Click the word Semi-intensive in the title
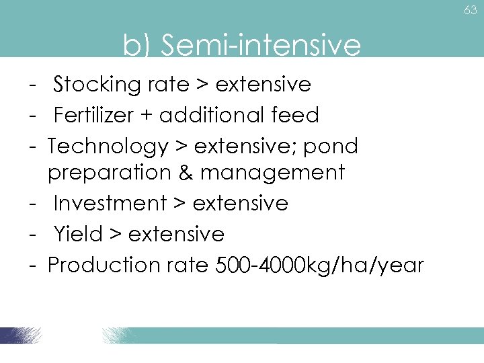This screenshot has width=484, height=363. [x=261, y=46]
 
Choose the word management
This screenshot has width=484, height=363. [x=272, y=173]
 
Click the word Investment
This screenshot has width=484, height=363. [x=110, y=203]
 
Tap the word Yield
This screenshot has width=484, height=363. [x=77, y=234]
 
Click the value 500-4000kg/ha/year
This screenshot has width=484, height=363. [x=319, y=265]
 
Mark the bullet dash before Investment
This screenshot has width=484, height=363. [x=32, y=203]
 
